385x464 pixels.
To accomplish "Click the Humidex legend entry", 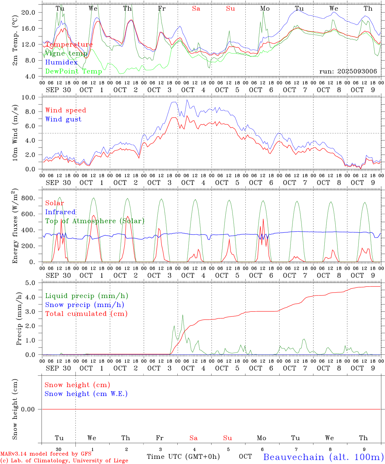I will coord(61,62).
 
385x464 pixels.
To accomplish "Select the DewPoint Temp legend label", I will coord(74,71).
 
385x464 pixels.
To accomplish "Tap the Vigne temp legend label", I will coord(66,53).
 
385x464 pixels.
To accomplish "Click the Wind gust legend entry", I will coord(63,119).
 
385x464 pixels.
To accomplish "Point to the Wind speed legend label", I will coord(66,110).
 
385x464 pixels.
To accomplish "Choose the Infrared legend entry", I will coord(60,212).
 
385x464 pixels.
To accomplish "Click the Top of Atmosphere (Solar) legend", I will coord(95,221).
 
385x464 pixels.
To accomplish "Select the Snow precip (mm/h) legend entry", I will coord(84,305).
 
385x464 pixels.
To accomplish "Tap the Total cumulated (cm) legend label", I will coord(86,314).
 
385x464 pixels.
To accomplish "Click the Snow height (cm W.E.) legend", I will coord(86,394).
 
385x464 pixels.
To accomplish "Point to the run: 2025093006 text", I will coord(348,72).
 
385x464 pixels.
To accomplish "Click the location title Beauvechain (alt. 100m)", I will coord(323,457).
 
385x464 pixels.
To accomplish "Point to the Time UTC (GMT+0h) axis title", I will coord(183,457).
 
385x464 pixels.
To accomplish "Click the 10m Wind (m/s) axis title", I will coord(15,133).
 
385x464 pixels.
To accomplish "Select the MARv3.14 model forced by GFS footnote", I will coord(46,454).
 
